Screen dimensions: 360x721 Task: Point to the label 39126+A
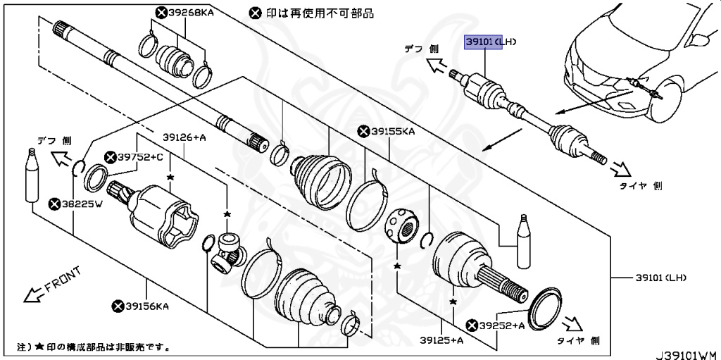pyautogui.click(x=184, y=137)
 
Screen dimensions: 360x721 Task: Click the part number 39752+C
pyautogui.click(x=140, y=156)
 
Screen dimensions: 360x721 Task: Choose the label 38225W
pyautogui.click(x=80, y=205)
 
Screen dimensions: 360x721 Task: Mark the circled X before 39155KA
pyautogui.click(x=363, y=130)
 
